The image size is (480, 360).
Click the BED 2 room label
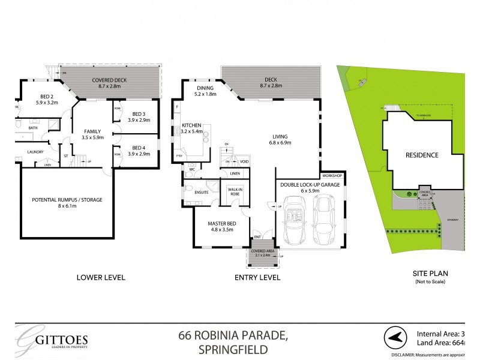pyautogui.click(x=31, y=97)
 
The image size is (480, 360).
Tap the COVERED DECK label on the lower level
pyautogui.click(x=109, y=80)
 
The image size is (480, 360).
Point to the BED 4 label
pyautogui.click(x=139, y=148)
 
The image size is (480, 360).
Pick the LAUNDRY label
pyautogui.click(x=35, y=151)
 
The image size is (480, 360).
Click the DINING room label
pyautogui.click(x=200, y=88)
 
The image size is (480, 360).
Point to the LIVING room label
pyautogui.click(x=280, y=136)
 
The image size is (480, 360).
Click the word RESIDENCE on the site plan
pyautogui.click(x=422, y=155)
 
